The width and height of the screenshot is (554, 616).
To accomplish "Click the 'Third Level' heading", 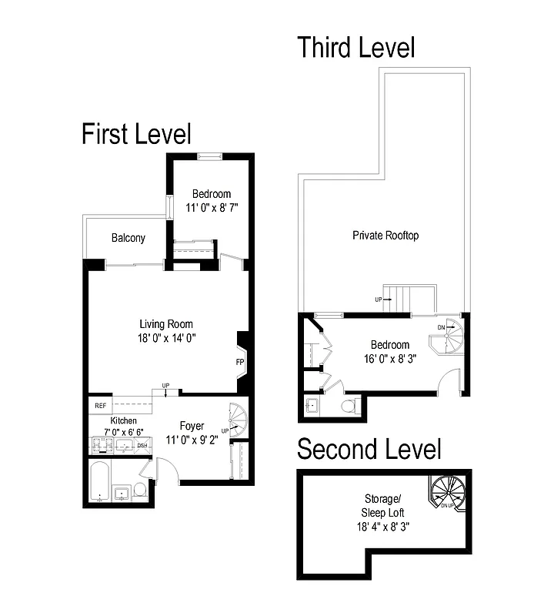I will pos(356,47).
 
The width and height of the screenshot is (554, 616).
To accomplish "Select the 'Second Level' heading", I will pos(369,449).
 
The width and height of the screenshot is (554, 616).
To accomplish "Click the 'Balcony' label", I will pos(128,238).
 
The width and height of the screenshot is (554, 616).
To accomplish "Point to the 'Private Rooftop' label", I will pos(385,235).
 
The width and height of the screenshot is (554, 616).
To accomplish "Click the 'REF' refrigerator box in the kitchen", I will pos(100,405).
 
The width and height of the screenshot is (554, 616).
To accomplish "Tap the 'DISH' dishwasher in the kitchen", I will pos(142,445).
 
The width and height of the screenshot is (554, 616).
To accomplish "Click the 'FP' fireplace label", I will pos(239,360).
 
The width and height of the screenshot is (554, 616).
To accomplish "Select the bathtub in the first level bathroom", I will pos(99,482).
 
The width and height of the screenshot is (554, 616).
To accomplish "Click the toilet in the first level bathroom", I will pos(140,490).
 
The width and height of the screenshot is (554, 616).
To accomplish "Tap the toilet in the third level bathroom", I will pos(350,406).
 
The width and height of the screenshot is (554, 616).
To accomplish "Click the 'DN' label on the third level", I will pos(441,327).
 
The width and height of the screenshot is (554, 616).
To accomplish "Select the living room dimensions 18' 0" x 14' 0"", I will pos(166,337).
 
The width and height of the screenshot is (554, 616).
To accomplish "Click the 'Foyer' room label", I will pos(192,426).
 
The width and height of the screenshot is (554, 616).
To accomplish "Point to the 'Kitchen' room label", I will pos(123,421).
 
